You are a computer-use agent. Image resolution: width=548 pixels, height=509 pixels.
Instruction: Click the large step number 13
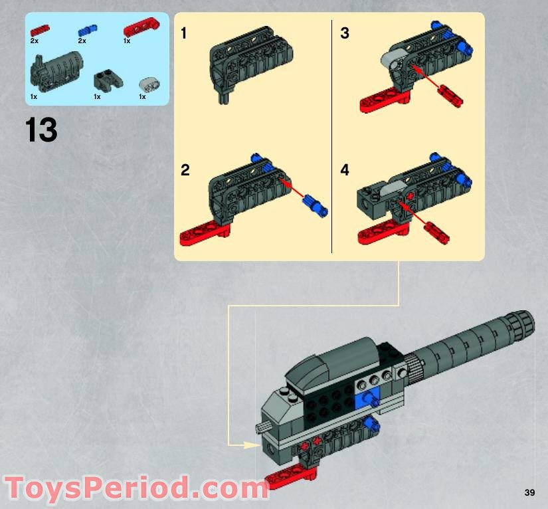coord(41,130)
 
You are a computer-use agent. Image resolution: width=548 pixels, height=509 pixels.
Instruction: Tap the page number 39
coord(529,492)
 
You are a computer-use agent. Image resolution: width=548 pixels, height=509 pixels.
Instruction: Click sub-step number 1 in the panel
coord(184,33)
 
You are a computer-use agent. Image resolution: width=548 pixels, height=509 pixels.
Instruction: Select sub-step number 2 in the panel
coord(185,170)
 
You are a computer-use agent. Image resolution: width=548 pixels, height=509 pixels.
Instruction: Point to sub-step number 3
coord(344,33)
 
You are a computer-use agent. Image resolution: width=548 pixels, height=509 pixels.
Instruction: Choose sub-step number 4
coord(344,170)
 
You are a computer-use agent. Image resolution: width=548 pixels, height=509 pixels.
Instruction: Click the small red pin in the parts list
coord(40,30)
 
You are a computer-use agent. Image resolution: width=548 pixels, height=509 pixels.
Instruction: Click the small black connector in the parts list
coord(102,82)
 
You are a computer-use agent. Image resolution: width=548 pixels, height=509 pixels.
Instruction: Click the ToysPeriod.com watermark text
coord(134,488)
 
